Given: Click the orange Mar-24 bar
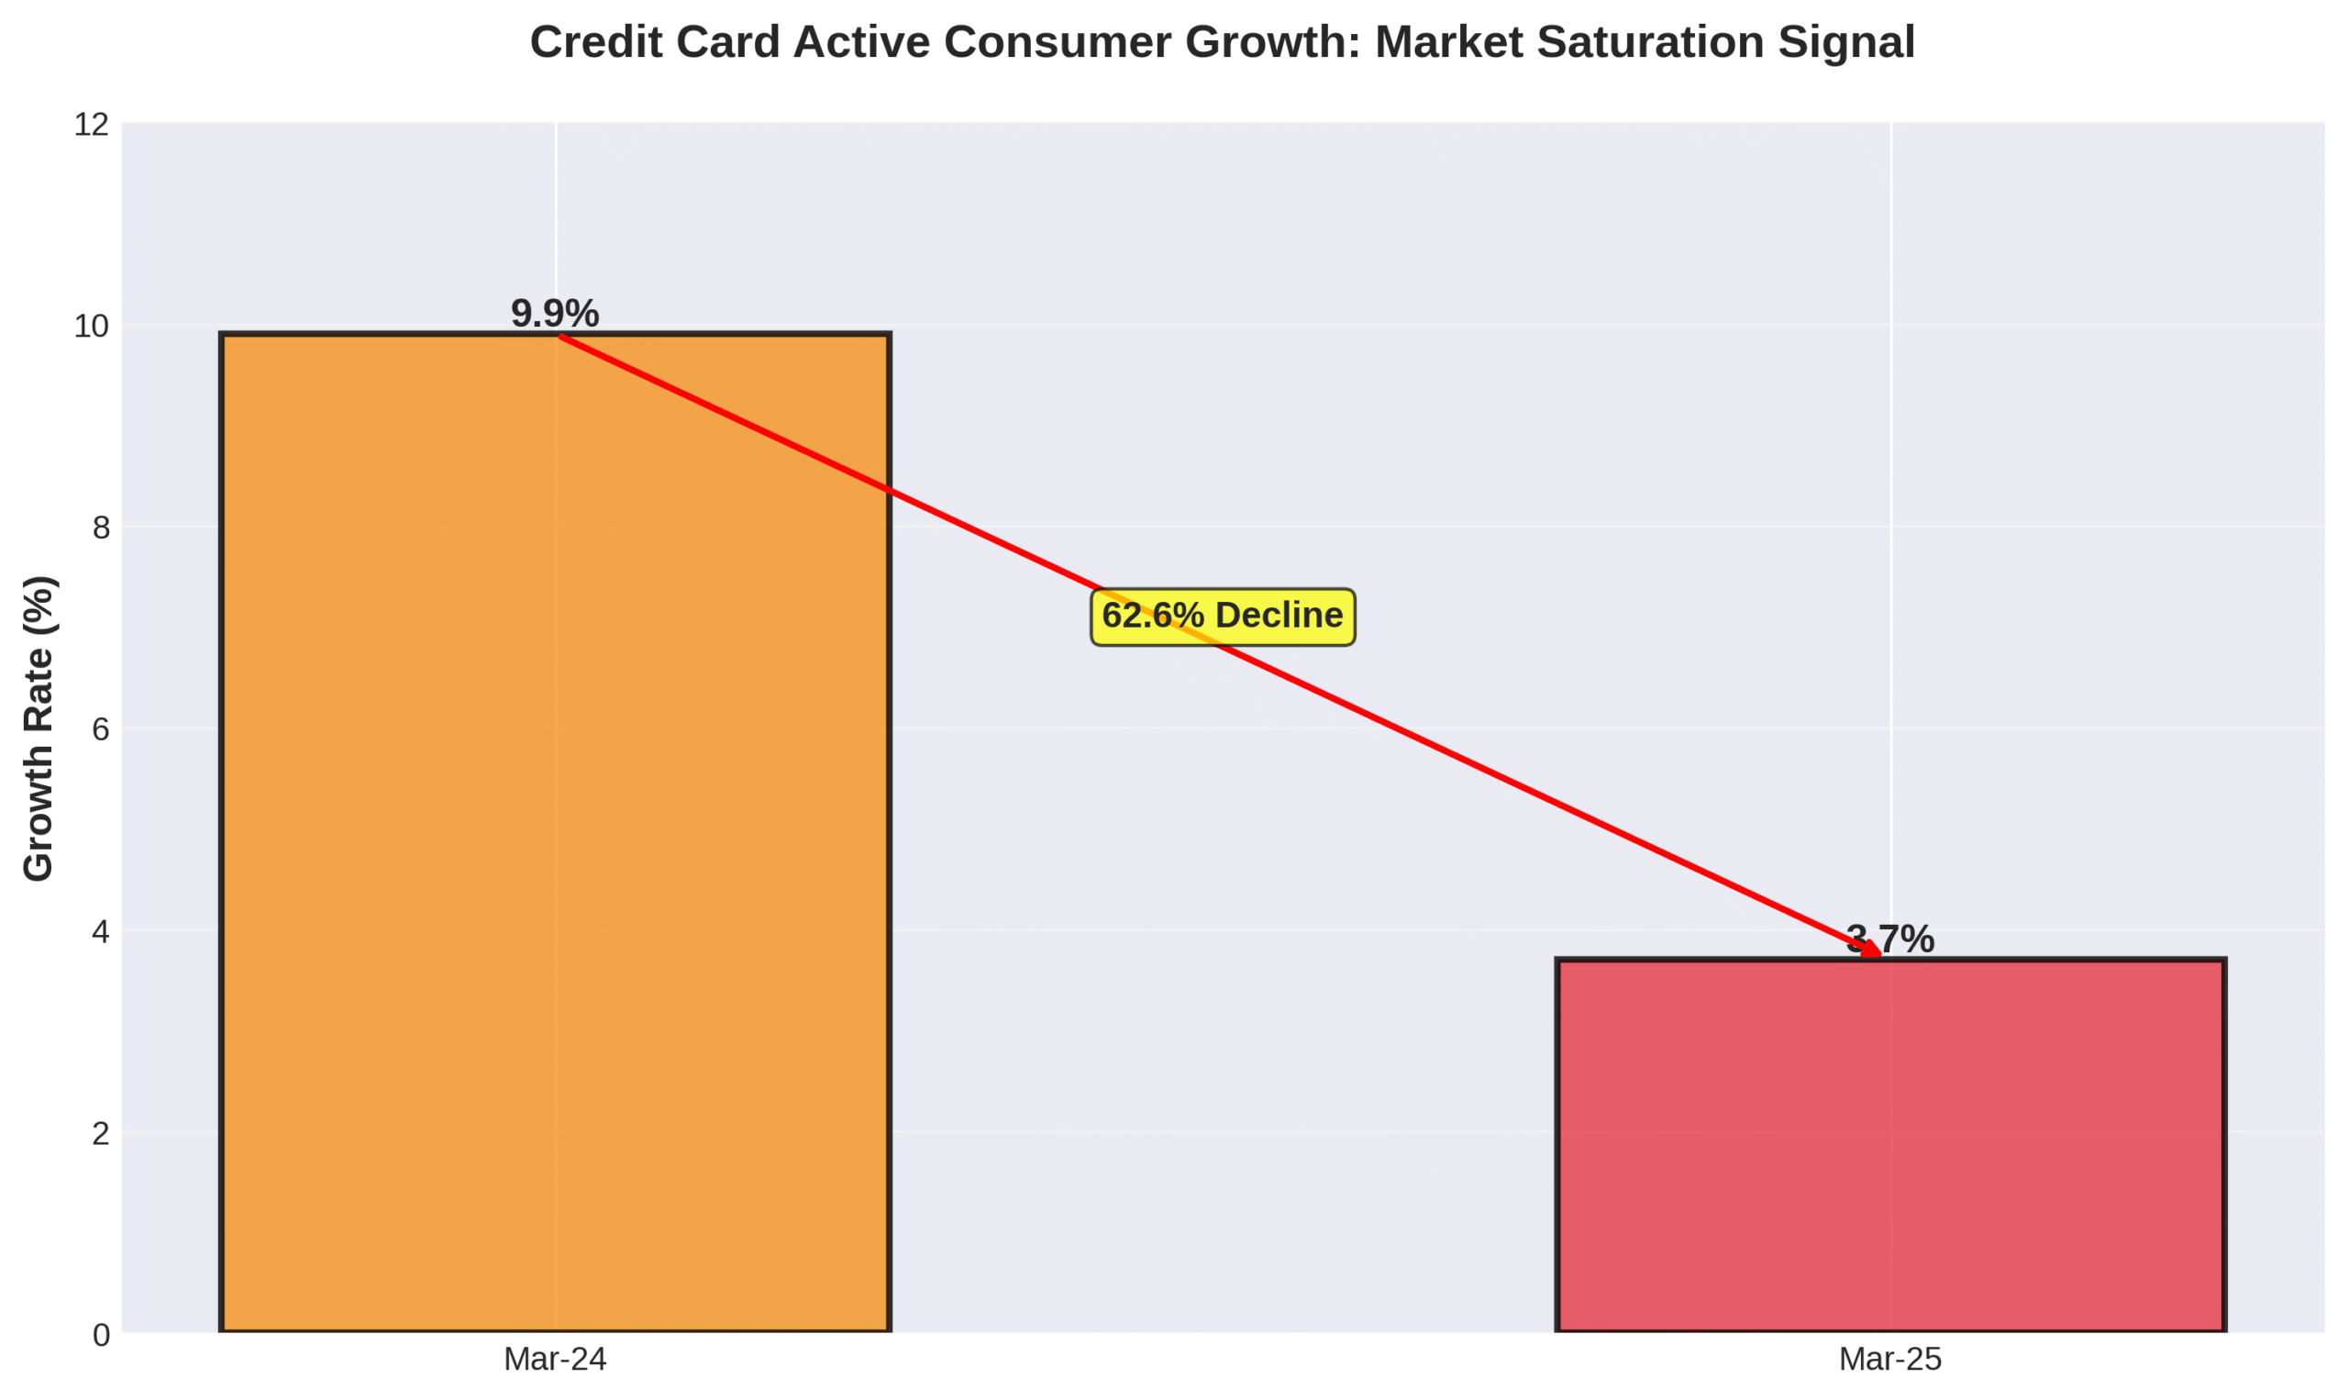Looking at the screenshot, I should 555,849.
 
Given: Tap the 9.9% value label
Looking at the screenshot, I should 555,314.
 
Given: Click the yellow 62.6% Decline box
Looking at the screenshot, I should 1222,617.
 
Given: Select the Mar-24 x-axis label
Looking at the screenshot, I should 555,1360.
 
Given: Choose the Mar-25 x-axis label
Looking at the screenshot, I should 1889,1360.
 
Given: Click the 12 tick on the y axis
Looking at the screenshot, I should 92,125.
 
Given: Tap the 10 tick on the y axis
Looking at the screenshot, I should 92,327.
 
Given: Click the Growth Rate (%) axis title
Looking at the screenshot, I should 39,728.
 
